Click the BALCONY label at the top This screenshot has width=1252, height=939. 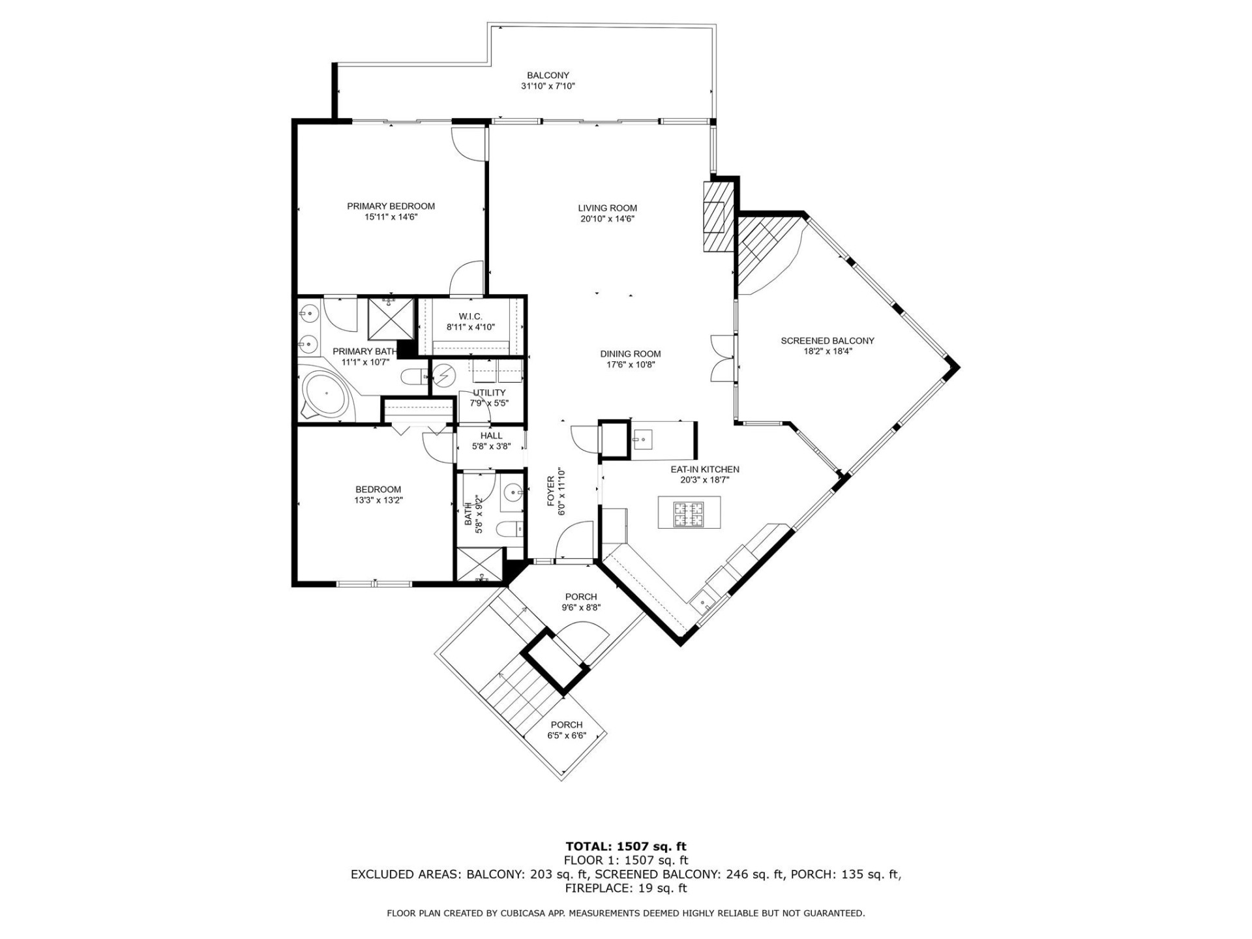click(548, 76)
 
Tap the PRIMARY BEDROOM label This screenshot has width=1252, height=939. click(391, 206)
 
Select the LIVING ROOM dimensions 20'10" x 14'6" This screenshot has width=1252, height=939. click(607, 219)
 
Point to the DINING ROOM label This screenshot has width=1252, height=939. click(630, 354)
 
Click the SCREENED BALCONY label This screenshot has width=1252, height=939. click(827, 340)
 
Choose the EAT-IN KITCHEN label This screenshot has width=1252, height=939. click(704, 469)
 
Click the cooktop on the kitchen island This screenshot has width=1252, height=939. click(689, 513)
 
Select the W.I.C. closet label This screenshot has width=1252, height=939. click(470, 316)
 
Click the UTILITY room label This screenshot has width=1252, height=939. click(489, 393)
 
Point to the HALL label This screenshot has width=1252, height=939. click(491, 436)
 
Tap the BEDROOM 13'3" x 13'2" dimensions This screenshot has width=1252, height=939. click(378, 500)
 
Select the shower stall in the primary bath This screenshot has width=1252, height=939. click(391, 319)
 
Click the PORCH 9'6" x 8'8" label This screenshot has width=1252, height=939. click(580, 597)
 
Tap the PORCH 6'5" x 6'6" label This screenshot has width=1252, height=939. click(566, 724)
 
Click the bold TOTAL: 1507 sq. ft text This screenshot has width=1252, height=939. click(625, 847)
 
